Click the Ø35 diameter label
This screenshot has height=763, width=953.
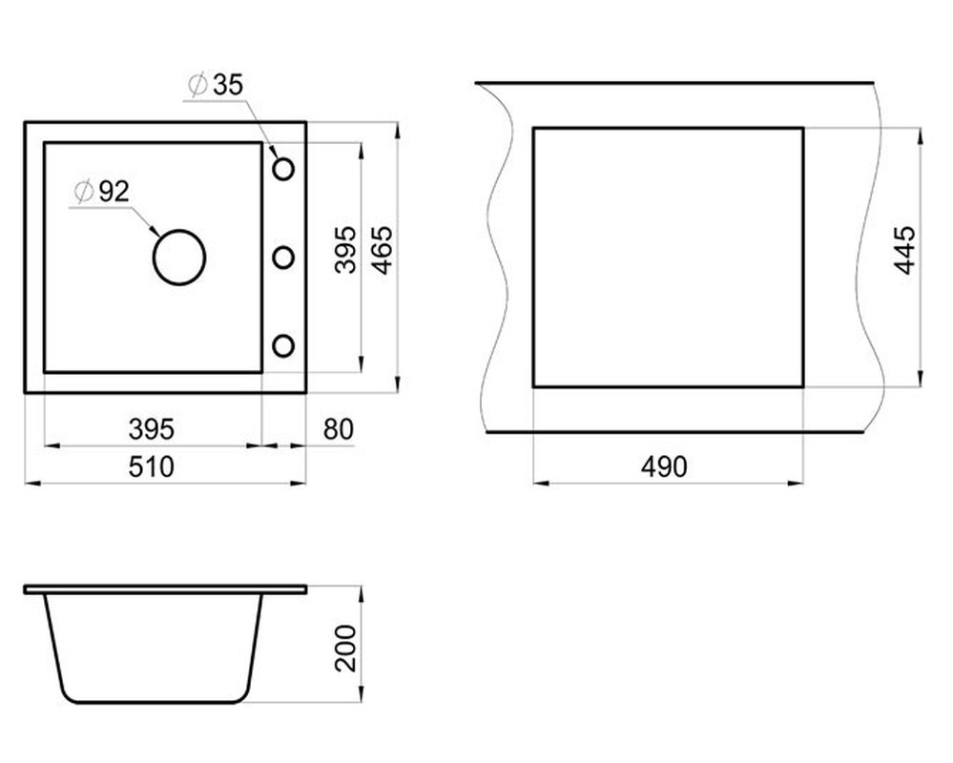tap(216, 85)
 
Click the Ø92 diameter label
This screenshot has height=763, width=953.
tap(101, 192)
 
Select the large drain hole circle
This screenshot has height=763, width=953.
tap(179, 231)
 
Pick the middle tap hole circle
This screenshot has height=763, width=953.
tap(283, 247)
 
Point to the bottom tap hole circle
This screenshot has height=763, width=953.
tap(283, 336)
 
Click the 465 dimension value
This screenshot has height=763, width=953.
tap(382, 250)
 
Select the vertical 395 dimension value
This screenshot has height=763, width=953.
tap(346, 250)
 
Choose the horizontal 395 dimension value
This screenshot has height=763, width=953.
tap(152, 429)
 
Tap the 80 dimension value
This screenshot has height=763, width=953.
tap(339, 429)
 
